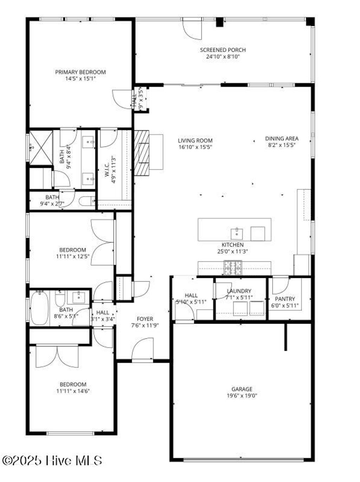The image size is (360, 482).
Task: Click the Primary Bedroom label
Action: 80,72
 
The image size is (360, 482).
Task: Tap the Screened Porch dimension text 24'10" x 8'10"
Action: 223,56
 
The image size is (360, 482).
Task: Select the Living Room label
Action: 195,141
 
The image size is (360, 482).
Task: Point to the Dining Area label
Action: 282,138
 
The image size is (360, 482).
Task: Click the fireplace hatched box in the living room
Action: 141,153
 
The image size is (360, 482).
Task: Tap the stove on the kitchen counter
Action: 233,268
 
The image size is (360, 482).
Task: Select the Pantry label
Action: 285,299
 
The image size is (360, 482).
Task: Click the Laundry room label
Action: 239,291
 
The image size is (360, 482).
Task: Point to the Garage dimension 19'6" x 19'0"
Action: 242,396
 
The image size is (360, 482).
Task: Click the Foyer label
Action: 145,319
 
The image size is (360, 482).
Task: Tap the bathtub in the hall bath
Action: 39,308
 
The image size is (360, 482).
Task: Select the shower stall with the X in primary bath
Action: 41,147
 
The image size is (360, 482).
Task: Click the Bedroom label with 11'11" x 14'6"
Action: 73,384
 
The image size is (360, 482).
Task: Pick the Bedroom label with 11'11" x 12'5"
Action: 72,250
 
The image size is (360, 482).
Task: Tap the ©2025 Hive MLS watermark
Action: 52,460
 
